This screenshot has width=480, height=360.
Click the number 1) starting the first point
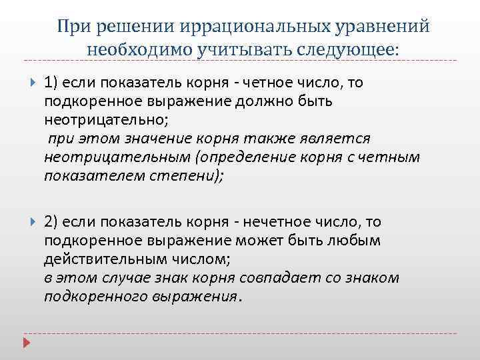pos(53,82)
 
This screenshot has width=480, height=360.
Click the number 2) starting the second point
pos(53,222)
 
